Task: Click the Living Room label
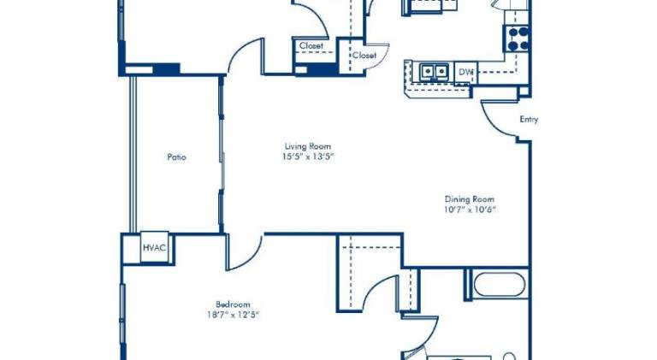click(x=308, y=146)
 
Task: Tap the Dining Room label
click(x=470, y=199)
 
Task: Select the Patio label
click(x=177, y=157)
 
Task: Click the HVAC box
click(x=154, y=247)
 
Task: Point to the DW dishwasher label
click(x=465, y=72)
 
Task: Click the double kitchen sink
click(x=434, y=71)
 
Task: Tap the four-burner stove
click(x=518, y=38)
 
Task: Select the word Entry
click(x=529, y=120)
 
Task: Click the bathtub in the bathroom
click(x=499, y=285)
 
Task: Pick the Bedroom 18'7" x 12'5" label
click(x=233, y=310)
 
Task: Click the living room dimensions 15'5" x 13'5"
click(x=308, y=157)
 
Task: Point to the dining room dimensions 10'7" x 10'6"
click(x=470, y=210)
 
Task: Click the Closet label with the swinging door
click(x=364, y=55)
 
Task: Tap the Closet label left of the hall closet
click(x=311, y=45)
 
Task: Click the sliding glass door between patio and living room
click(x=222, y=155)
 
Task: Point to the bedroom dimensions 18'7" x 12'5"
click(x=233, y=315)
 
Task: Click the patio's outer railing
click(x=133, y=155)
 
